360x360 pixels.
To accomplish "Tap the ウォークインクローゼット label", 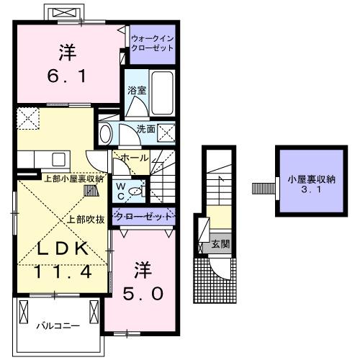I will coord(152,42).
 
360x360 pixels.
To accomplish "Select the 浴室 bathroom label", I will coord(137,91).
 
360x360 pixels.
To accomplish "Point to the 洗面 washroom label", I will coord(146,130).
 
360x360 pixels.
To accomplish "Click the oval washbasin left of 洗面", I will coord(106,132).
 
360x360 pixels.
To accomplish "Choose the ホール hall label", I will coord(135,158).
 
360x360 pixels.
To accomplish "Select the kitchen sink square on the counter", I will coord(58,158).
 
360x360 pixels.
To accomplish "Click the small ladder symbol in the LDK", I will coord(91,192).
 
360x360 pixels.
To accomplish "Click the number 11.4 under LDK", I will coord(63,272).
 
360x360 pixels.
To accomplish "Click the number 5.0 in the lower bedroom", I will coord(148,294).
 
